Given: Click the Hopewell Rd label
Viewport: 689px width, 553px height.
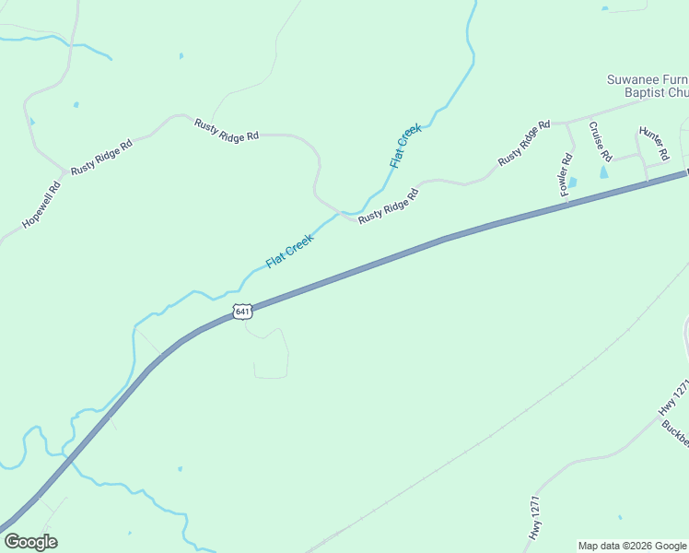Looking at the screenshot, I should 41,205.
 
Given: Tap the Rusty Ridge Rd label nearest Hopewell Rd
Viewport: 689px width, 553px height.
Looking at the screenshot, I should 101,157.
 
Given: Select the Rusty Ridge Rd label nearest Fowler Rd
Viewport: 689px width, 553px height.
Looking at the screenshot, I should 524,143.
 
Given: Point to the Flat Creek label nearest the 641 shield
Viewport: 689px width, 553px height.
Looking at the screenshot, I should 289,251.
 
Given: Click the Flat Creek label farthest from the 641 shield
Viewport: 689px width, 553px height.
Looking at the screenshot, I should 405,146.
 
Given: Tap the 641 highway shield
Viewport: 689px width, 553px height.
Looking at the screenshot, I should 241,312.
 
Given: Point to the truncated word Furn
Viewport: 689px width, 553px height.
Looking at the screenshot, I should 673,79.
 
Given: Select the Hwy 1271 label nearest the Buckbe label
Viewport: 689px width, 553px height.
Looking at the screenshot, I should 674,399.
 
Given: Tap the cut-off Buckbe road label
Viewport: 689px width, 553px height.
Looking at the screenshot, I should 674,438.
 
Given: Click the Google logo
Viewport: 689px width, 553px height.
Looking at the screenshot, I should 30,542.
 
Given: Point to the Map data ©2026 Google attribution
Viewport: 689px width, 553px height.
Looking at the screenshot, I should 632,546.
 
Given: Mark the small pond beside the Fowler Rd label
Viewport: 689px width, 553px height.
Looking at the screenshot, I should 572,182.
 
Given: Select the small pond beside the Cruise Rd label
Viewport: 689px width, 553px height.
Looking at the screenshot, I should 604,171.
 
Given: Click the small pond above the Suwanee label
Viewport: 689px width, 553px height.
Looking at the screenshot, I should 605,9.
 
